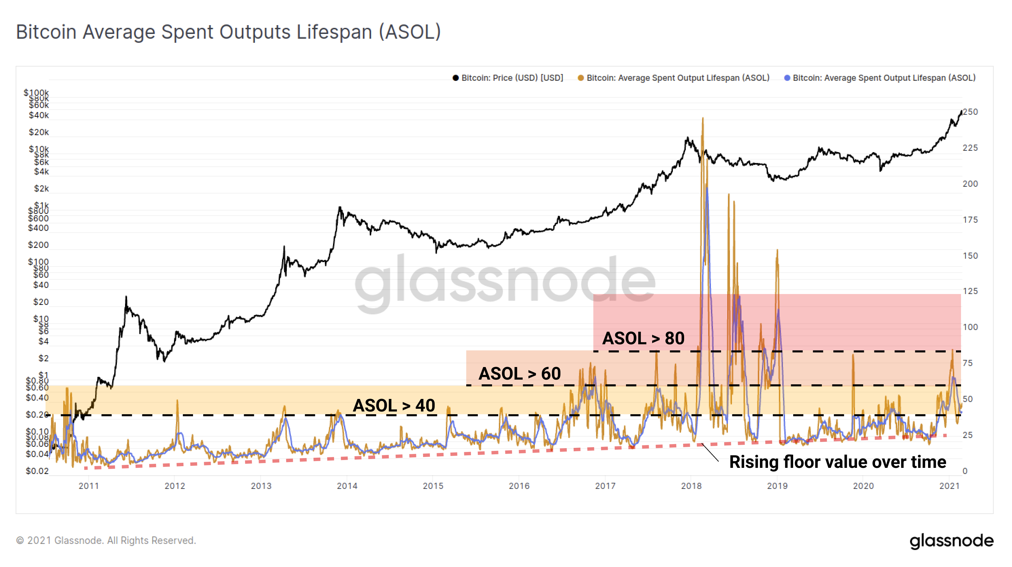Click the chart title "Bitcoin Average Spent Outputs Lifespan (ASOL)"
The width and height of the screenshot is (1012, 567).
(228, 32)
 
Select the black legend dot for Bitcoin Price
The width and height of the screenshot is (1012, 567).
(455, 78)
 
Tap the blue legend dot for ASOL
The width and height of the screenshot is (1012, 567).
(787, 78)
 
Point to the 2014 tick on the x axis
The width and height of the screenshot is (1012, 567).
(347, 486)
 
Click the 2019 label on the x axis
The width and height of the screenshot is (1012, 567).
(777, 486)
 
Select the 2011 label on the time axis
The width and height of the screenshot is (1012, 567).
(89, 486)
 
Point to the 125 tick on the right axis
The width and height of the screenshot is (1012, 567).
(970, 291)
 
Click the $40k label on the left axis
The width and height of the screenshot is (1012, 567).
(38, 115)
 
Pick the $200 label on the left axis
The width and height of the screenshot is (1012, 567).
(38, 245)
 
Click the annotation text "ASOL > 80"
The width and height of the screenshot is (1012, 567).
(643, 338)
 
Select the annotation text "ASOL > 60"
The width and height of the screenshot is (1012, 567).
(519, 373)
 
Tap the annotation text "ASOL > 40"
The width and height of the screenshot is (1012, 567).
(394, 406)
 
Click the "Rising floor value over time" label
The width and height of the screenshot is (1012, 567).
(837, 462)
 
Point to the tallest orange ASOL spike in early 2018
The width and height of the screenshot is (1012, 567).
(702, 119)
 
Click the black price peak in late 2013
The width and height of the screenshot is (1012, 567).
(340, 207)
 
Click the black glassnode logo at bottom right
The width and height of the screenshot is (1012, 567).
(951, 541)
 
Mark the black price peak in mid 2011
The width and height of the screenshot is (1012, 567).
(126, 297)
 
